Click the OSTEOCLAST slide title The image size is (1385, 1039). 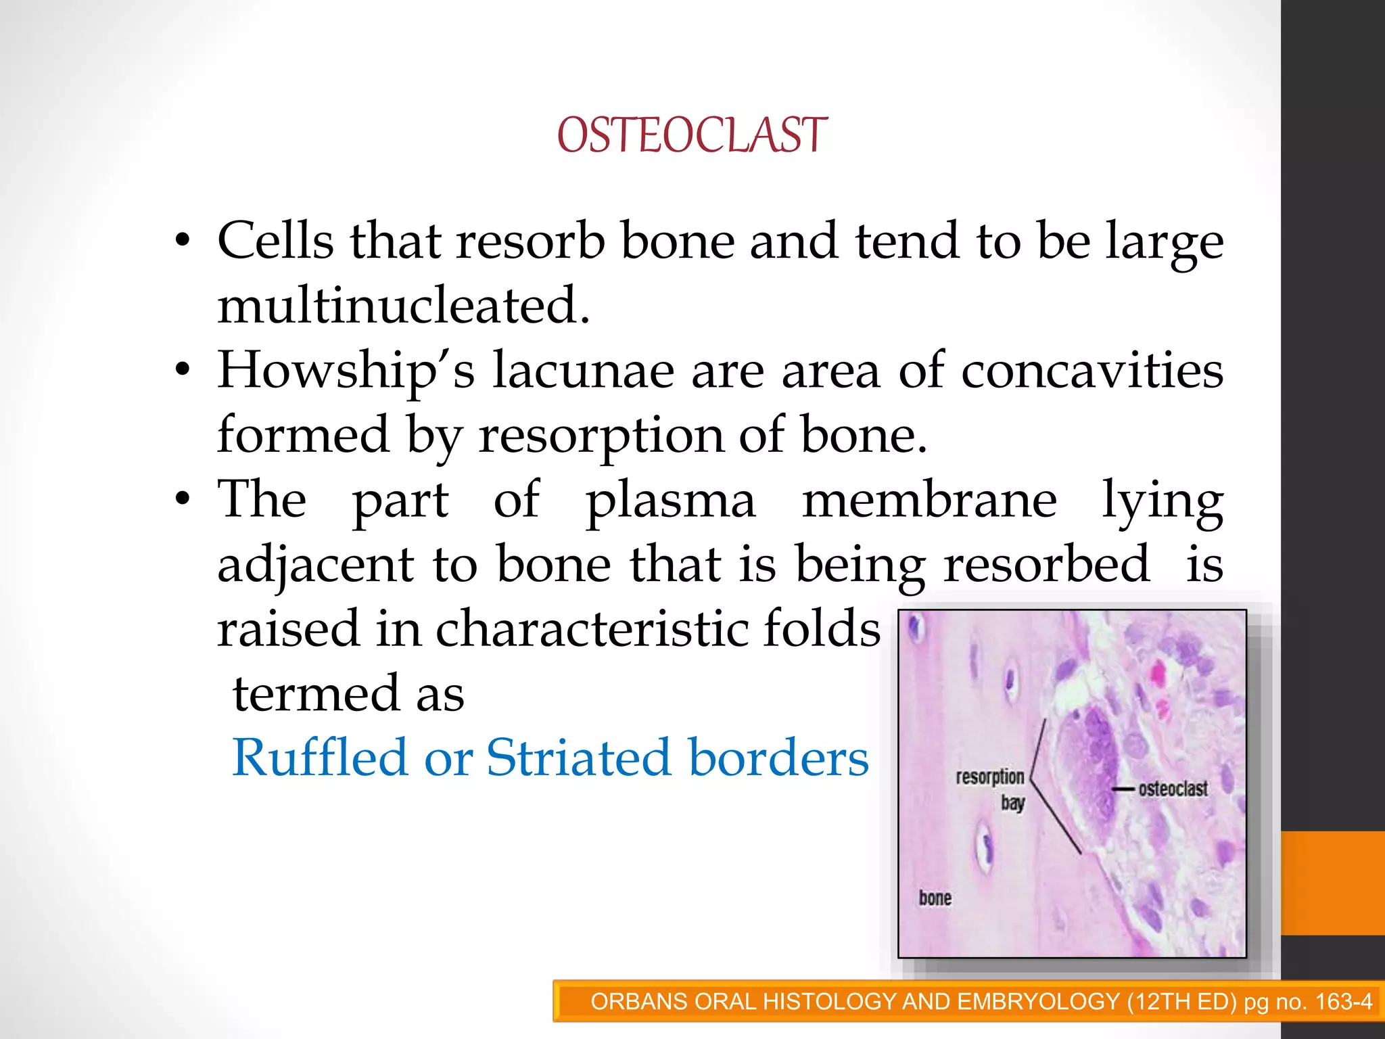pos(692,135)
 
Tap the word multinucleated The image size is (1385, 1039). pos(404,306)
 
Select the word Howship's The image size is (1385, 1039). pos(346,371)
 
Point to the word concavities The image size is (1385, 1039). pos(1091,371)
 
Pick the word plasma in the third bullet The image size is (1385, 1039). pos(670,501)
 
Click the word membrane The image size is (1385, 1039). pos(929,501)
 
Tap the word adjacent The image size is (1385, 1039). pos(315,565)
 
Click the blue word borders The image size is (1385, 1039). pos(778,758)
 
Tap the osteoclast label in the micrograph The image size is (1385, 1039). pos(1173,789)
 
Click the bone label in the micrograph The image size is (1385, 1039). pos(935,898)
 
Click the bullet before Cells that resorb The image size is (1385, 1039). pos(182,241)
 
